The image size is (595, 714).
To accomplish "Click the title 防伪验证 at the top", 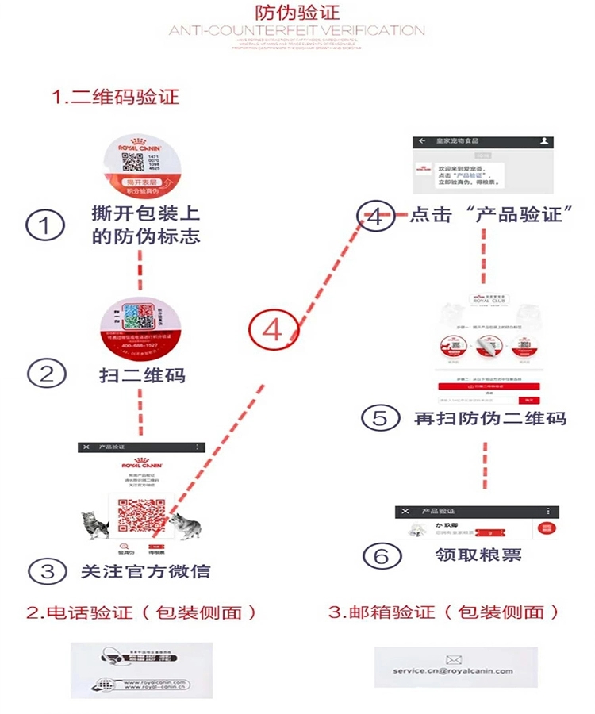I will [296, 13].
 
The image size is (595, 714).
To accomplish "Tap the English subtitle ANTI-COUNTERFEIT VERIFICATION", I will [297, 31].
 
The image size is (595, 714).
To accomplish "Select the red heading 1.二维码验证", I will [116, 97].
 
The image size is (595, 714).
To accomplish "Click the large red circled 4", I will [272, 329].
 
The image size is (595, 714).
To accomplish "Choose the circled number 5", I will [381, 417].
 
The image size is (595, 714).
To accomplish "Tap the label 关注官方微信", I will [145, 570].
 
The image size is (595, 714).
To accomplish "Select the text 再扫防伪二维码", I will [490, 417].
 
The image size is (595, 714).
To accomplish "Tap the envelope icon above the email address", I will [454, 658].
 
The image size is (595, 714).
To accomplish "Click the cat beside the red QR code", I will [95, 523].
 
